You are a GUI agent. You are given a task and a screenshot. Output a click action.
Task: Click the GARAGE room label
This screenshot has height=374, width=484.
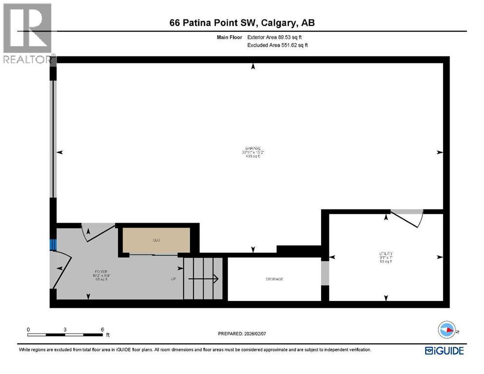253,148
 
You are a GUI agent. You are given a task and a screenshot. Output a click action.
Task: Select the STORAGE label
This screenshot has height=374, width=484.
274,279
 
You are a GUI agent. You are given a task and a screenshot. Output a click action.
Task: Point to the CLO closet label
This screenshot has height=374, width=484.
156,240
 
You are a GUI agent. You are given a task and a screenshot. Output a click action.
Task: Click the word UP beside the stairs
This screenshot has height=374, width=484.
174,279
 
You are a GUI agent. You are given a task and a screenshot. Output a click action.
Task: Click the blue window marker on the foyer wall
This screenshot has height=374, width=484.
53,244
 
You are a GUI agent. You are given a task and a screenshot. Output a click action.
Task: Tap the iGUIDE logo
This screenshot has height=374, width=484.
444,350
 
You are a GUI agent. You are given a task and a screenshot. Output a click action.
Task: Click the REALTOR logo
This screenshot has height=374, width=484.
28,34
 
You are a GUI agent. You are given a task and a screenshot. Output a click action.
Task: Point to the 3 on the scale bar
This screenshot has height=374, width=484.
65,329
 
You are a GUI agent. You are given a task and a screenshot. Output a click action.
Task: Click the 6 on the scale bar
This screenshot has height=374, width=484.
102,329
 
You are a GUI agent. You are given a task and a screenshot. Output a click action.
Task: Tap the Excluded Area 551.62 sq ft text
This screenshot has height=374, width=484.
278,45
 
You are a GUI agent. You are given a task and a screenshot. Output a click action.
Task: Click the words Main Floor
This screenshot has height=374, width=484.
230,37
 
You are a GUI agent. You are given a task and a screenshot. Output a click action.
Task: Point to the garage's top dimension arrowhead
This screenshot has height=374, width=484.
252,67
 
